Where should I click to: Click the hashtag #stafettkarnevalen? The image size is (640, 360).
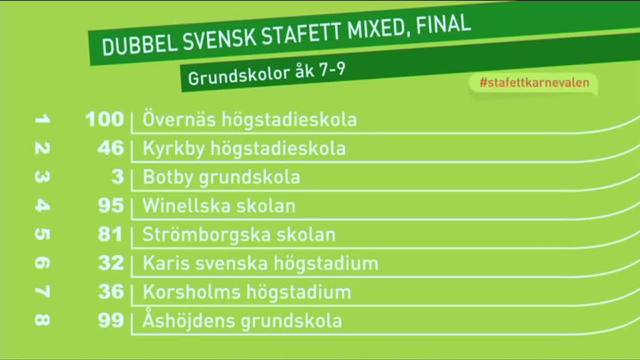coord(534,82)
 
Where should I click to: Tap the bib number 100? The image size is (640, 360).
coord(104,119)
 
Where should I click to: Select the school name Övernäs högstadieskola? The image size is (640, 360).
coord(250,119)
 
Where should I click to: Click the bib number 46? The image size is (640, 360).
coord(111,148)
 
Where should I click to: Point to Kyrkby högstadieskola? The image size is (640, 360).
coord(244,148)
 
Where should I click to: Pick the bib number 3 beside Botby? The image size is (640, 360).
coord(118,177)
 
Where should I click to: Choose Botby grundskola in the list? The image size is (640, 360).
coord(221,177)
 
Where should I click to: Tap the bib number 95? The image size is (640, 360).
coord(111,205)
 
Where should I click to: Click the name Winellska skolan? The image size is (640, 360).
coord(219,206)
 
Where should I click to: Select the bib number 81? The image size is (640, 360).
coord(110,234)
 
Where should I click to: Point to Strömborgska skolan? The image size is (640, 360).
coord(239,235)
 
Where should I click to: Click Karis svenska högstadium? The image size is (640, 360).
coord(261,263)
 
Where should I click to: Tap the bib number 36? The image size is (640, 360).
coord(111,292)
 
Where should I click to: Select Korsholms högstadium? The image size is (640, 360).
coord(247,292)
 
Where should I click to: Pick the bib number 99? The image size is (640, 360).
coord(111,320)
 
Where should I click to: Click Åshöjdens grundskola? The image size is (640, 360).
coord(242,320)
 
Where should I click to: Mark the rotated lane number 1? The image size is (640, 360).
coord(42,119)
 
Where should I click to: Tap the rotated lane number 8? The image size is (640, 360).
coord(42,320)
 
